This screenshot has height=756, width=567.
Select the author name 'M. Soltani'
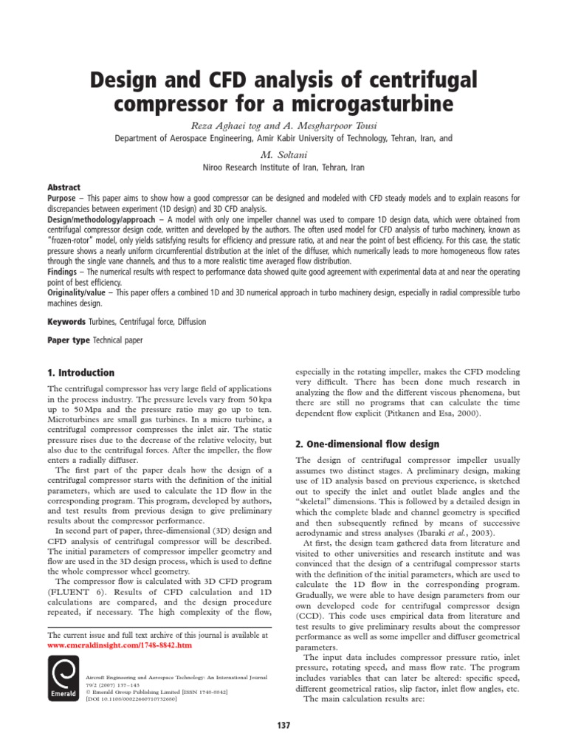coord(283,154)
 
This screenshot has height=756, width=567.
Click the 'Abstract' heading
coord(63,188)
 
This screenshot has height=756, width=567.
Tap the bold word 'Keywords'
coord(67,322)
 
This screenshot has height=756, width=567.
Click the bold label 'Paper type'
coord(69,340)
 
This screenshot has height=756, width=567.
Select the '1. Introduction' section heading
coord(81,373)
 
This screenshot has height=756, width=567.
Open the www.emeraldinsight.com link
coord(119,645)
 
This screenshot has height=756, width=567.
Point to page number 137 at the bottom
coord(283,726)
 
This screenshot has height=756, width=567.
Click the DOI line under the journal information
coord(131,698)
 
